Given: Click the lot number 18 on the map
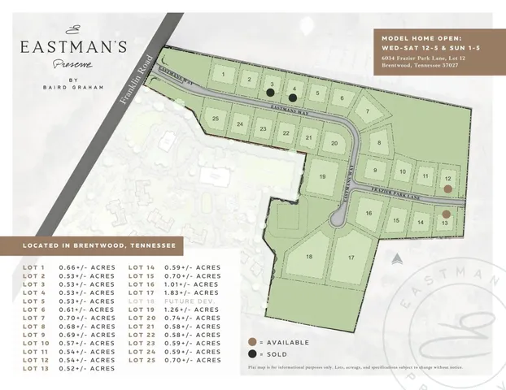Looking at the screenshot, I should pos(309,257).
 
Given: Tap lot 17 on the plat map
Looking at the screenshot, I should pos(351,258).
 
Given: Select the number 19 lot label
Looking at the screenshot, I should pos(322,176).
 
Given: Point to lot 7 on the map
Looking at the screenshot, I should pos(368,112).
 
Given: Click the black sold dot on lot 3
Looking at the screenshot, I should pos(270,93).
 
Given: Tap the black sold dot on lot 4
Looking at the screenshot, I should pos(292,97).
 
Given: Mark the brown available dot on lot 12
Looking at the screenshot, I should pos(446,188).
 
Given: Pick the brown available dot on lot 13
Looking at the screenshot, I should pos(446,214).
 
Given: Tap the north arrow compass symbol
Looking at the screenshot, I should pos(396,260).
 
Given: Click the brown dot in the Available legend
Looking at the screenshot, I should pos(252,342).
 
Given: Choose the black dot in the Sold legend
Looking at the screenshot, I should pos(252,355).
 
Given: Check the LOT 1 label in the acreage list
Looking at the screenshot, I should pos(35,266).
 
